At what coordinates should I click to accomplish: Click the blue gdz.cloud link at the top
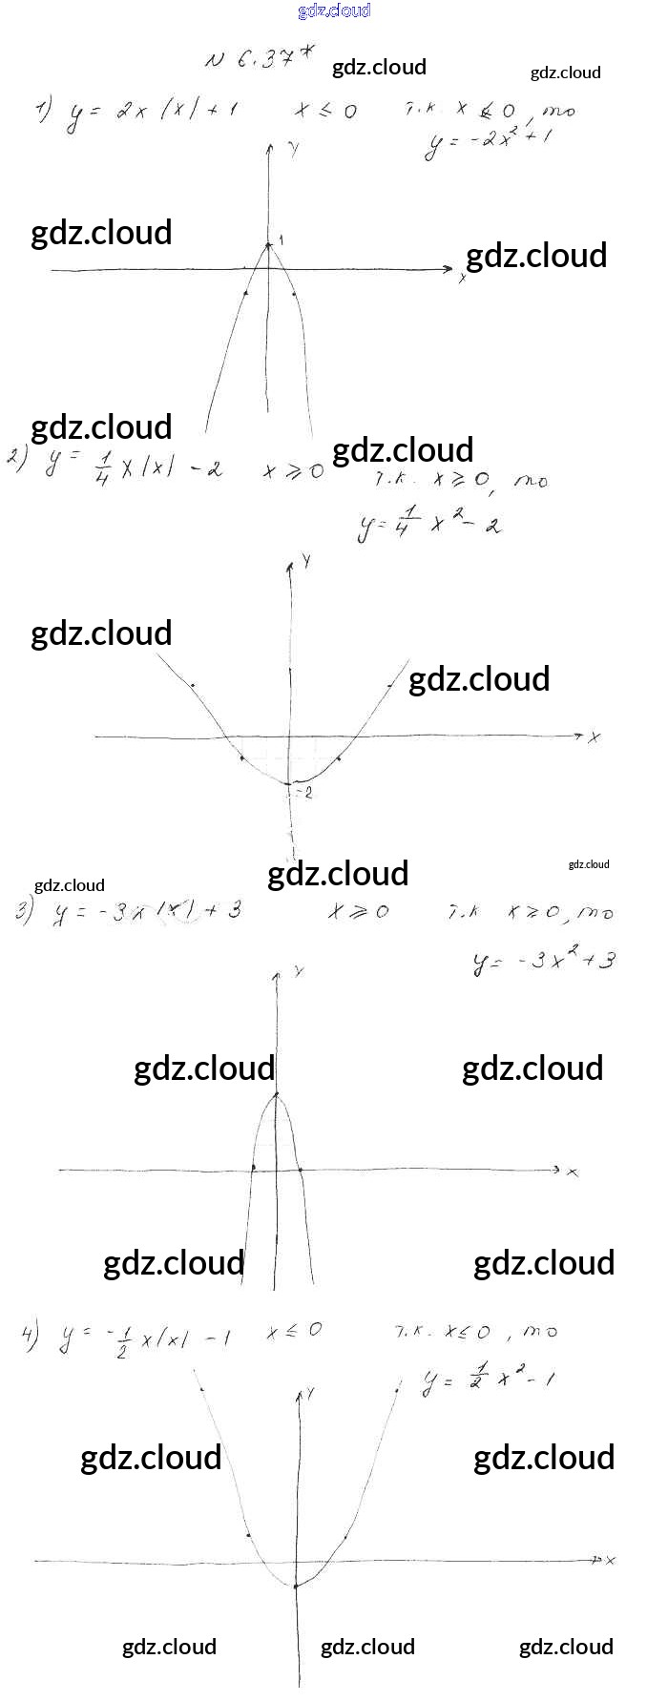[334, 10]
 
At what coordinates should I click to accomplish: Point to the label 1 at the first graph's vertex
[282, 239]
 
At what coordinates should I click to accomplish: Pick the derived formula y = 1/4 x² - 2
[429, 523]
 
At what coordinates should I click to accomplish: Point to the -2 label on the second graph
[305, 793]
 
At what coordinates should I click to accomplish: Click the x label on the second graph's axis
[594, 737]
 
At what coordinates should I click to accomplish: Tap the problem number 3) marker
[24, 913]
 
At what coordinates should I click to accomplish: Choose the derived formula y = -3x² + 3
[543, 960]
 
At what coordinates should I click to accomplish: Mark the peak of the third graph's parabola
[276, 1093]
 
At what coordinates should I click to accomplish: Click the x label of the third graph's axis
[573, 1172]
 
